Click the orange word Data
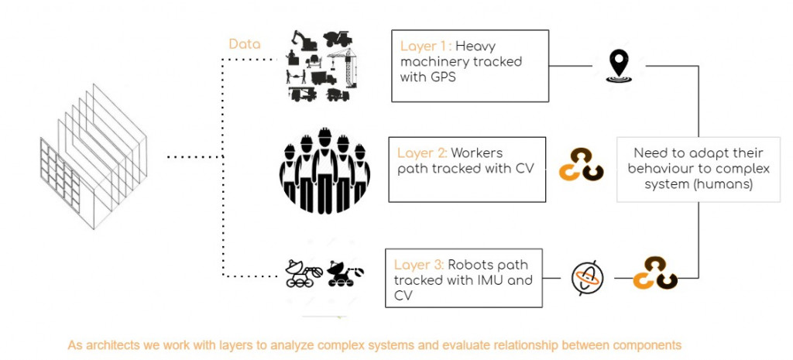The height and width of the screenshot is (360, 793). [245, 44]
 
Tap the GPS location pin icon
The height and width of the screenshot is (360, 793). [617, 64]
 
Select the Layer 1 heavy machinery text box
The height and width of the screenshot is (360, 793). [470, 66]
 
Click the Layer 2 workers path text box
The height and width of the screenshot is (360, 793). [467, 169]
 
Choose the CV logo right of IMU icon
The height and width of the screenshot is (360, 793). [655, 273]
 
